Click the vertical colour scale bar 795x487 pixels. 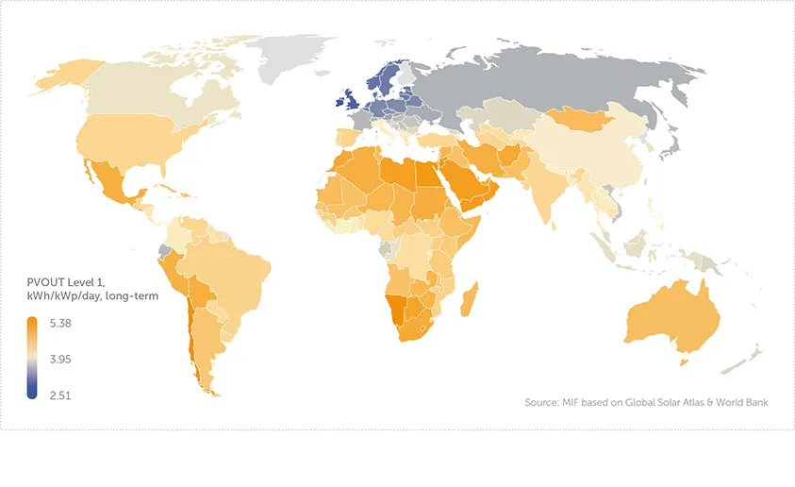tap(32, 359)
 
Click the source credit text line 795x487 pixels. tap(646, 403)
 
